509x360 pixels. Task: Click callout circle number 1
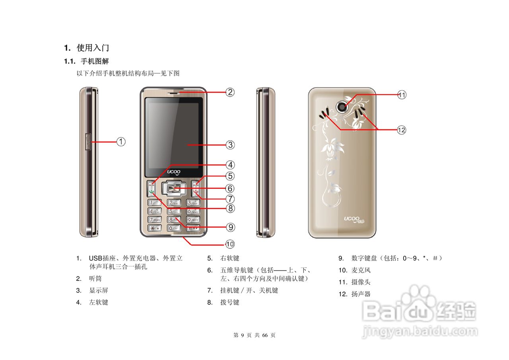coord(121,141)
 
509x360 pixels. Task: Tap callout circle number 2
coord(230,92)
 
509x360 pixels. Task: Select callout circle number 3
coord(230,145)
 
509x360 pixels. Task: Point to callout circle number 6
coord(230,188)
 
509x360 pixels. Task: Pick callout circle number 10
coord(230,244)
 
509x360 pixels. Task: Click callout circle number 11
coord(402,95)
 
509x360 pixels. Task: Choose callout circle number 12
coord(402,130)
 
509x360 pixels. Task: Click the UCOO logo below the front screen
coord(174,171)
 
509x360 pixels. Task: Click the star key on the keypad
coord(154,228)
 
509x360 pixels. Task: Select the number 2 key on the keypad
coord(174,202)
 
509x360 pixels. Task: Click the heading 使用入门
coord(93,48)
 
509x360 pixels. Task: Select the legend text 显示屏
coord(99,290)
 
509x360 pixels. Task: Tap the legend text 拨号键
coord(230,302)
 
